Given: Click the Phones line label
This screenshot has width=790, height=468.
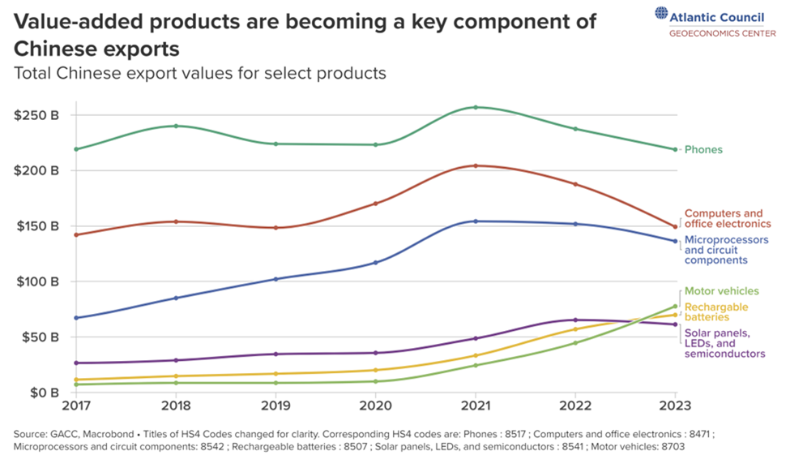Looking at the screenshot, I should pyautogui.click(x=703, y=149).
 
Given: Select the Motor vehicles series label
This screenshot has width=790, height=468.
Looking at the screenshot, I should pyautogui.click(x=722, y=291).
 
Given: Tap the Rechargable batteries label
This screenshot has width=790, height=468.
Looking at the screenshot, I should pyautogui.click(x=716, y=312).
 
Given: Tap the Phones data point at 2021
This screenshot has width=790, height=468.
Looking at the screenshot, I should pyautogui.click(x=476, y=107).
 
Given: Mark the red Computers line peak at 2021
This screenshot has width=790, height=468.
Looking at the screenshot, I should pyautogui.click(x=476, y=165).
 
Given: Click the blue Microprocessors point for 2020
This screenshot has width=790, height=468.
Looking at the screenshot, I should pyautogui.click(x=376, y=262).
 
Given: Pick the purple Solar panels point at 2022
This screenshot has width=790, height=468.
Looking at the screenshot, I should pyautogui.click(x=575, y=320).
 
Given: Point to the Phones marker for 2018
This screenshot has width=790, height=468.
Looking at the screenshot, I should pyautogui.click(x=177, y=126).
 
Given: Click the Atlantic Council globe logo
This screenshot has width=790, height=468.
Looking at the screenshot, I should pyautogui.click(x=662, y=14).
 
